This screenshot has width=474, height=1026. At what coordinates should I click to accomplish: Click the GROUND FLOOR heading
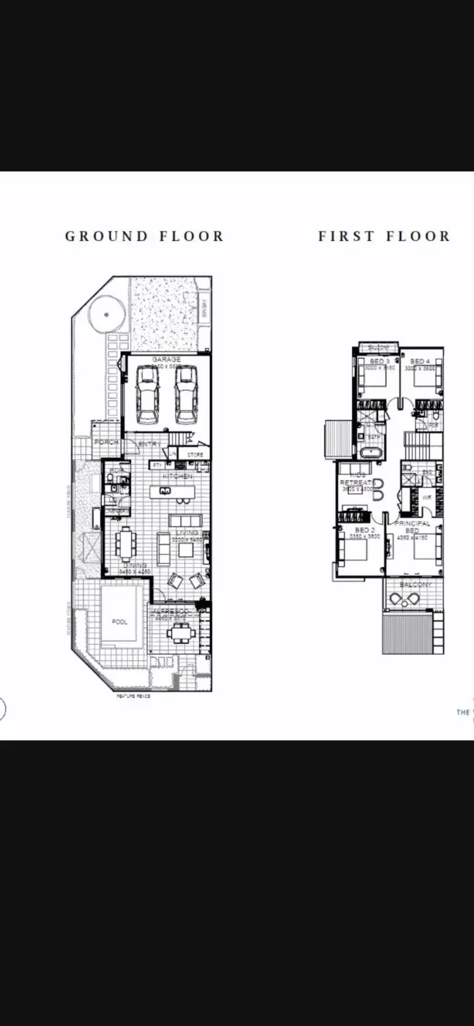pos(144,236)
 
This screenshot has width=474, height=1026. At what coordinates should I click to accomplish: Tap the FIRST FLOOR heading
pos(384,236)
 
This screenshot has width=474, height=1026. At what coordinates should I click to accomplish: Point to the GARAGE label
pos(166,359)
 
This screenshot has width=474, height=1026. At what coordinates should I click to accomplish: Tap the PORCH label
pos(106,443)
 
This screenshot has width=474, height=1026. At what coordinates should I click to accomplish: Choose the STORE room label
pos(195,454)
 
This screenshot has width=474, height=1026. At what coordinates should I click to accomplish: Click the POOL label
pos(120,622)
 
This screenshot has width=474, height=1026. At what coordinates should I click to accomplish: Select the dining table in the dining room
pos(127,542)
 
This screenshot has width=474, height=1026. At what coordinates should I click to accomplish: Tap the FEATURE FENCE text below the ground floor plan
pos(133,696)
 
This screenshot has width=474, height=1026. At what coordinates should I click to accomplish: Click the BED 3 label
pos(379,361)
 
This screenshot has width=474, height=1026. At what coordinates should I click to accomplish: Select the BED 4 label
pos(420,361)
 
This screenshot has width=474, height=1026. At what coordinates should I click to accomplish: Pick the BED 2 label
pos(365,530)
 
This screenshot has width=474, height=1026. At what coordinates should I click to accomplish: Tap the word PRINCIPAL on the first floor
pos(413,523)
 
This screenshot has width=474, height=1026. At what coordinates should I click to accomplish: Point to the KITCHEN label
pos(178,476)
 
